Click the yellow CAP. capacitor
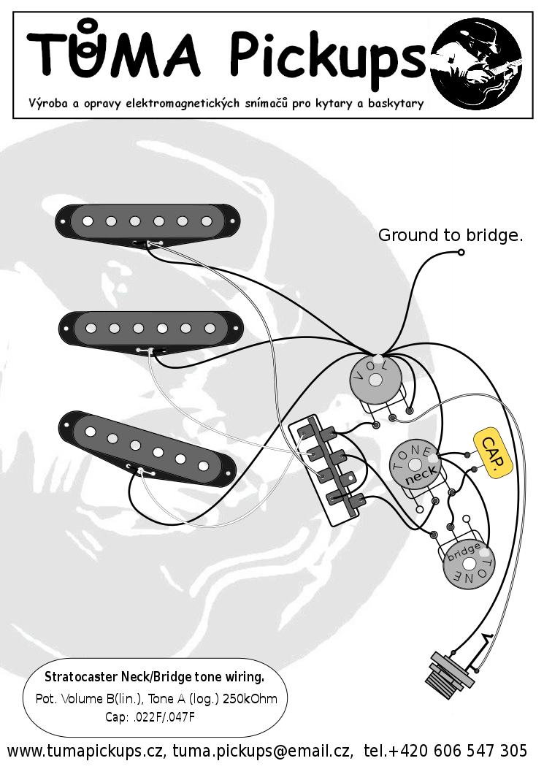click(493, 452)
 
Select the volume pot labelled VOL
click(376, 379)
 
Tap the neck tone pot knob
click(415, 464)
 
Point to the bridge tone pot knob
click(469, 564)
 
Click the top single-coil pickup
click(148, 223)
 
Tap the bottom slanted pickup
click(147, 448)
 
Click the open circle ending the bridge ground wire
click(461, 252)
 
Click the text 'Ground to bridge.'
click(451, 235)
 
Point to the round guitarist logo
click(476, 64)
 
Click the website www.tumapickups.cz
click(85, 751)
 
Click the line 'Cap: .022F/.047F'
click(150, 717)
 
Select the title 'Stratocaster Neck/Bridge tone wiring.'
click(155, 677)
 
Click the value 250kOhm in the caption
click(250, 698)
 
